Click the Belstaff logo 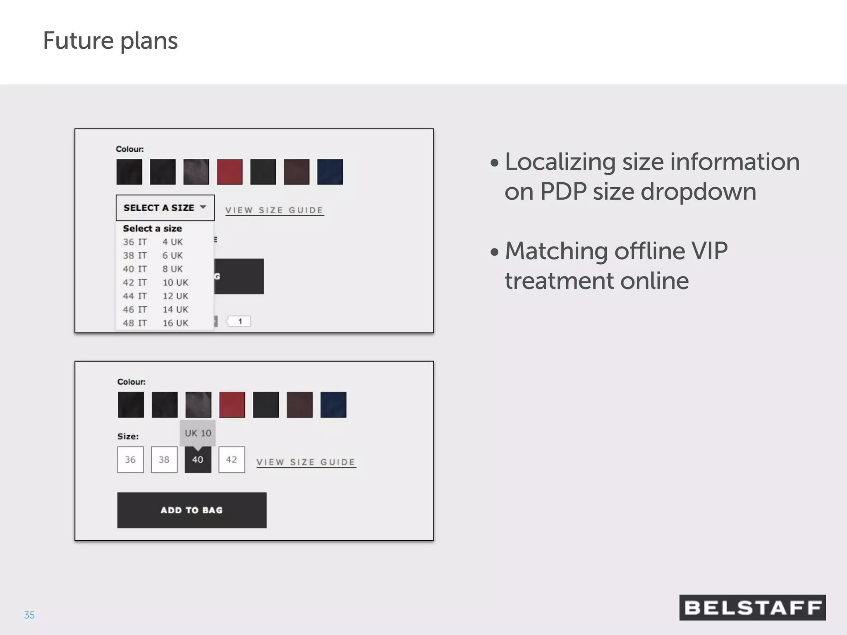pos(752,607)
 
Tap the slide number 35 pos(29,615)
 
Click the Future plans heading pos(110,41)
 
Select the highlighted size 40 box pos(198,460)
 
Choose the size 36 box pos(130,460)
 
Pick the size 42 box pos(232,460)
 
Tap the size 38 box pos(164,460)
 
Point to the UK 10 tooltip pos(198,433)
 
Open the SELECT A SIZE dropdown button pos(165,208)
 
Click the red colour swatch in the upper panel pos(230,172)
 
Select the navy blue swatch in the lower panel pos(333,405)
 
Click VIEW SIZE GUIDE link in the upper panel pos(274,210)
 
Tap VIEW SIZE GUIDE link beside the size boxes pos(306,462)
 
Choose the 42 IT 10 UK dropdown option pos(156,283)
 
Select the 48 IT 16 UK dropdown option pos(156,323)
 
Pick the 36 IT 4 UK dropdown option pos(153,242)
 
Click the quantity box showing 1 pos(240,321)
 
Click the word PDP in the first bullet pos(563,191)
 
